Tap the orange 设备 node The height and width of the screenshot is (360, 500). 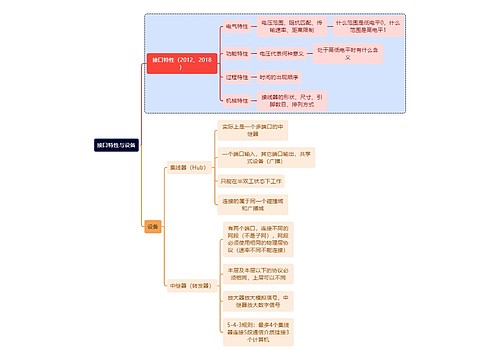(152, 226)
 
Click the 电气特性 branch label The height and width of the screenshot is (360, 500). (240, 26)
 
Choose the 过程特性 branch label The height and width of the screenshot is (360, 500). (240, 75)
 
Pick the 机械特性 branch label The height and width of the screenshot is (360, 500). (240, 100)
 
